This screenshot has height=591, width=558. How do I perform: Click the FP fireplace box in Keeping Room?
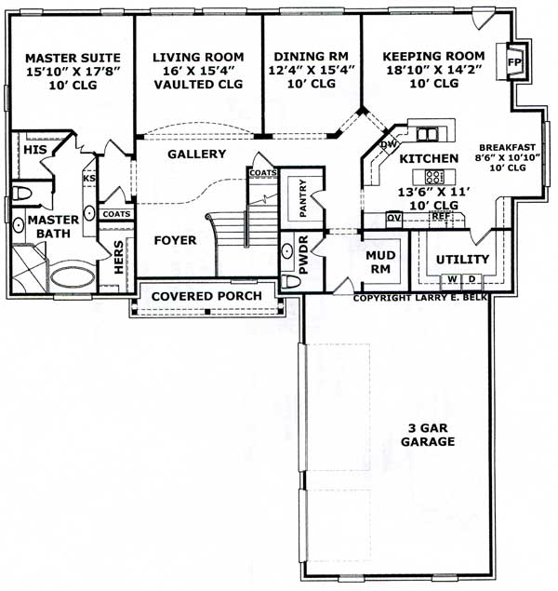(x=514, y=62)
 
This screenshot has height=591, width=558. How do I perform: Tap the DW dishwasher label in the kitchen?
(x=389, y=144)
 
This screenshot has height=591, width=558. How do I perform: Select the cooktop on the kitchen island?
(x=434, y=176)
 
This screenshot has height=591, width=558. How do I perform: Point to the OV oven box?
(x=393, y=217)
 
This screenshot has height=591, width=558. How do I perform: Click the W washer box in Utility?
(x=452, y=278)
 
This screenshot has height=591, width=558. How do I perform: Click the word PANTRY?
(x=300, y=196)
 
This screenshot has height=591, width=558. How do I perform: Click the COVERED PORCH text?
(x=207, y=296)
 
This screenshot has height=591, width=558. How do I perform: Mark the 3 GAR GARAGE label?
(x=427, y=435)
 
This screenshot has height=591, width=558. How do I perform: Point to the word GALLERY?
(x=196, y=154)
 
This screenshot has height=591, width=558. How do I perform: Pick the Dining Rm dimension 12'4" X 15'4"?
(x=311, y=70)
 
